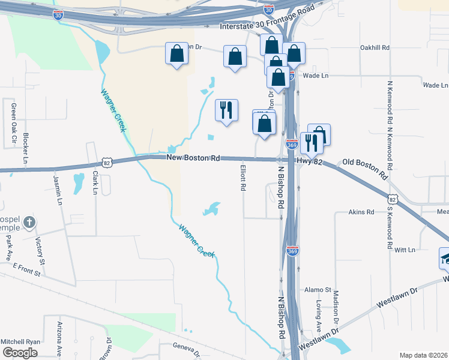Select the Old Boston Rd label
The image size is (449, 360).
pyautogui.click(x=365, y=169)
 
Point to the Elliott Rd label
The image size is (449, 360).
pyautogui.click(x=243, y=178)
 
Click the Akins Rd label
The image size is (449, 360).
pyautogui.click(x=362, y=212)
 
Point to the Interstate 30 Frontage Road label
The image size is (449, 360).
pyautogui.click(x=267, y=27)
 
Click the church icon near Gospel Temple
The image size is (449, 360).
pyautogui.click(x=28, y=224)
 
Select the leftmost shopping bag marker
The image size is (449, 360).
pyautogui.click(x=176, y=54)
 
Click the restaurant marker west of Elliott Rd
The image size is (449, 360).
pyautogui.click(x=226, y=110)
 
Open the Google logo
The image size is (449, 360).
pyautogui.click(x=20, y=353)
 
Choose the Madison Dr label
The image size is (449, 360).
pyautogui.click(x=336, y=304)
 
